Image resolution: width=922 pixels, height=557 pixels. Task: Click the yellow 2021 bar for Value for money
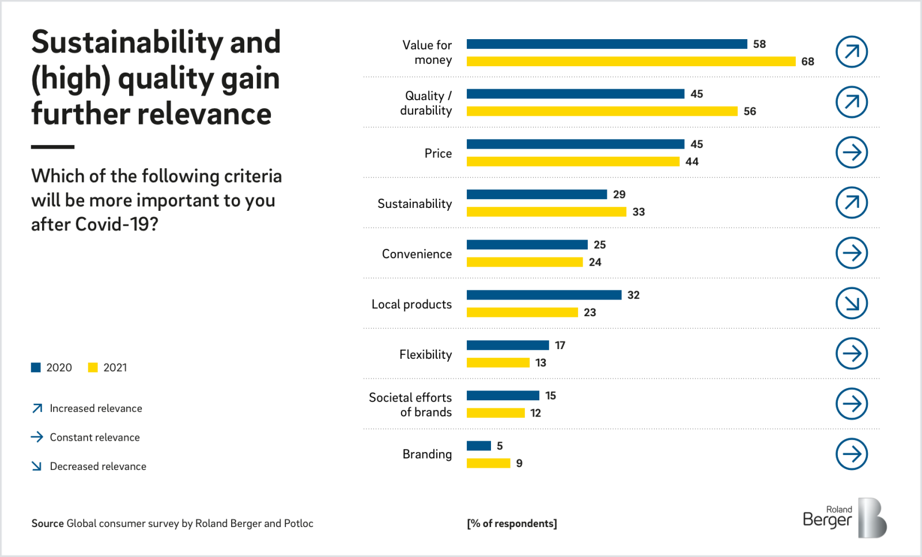[630, 61]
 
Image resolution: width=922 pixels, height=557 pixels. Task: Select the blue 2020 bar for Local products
[544, 295]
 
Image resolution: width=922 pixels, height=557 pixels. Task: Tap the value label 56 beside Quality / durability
[749, 111]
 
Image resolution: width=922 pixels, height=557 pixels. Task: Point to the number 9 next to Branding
[519, 463]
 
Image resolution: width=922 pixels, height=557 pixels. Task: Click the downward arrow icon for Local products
[851, 303]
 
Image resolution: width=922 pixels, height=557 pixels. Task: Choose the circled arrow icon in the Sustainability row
[851, 203]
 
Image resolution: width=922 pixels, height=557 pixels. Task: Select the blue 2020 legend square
[36, 367]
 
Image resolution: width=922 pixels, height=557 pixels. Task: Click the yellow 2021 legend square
[93, 367]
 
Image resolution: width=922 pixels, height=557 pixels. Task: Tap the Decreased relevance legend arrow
[37, 466]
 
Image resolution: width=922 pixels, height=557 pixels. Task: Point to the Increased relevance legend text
[96, 408]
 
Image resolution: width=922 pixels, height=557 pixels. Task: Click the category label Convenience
[417, 254]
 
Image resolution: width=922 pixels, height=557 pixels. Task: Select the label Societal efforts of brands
[410, 404]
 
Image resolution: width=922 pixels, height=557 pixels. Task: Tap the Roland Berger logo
[844, 518]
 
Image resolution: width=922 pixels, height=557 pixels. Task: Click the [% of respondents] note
[512, 523]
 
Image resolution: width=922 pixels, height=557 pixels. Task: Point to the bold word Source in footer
[47, 523]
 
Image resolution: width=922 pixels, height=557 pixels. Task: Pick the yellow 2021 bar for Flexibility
[498, 362]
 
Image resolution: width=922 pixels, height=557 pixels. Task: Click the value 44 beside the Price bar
[691, 162]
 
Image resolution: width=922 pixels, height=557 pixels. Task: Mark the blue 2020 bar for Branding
[478, 446]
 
